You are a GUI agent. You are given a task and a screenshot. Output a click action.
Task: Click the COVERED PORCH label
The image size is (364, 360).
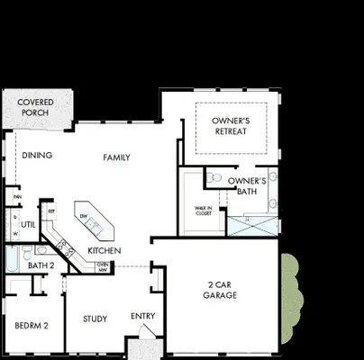point(36,107)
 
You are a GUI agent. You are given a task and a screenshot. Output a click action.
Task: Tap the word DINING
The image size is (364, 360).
point(37,156)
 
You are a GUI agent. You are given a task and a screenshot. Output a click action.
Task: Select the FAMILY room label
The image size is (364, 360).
point(116,157)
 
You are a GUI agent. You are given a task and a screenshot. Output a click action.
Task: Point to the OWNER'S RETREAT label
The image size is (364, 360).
point(231,125)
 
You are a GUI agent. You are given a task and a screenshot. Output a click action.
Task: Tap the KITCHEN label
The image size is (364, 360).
point(105,249)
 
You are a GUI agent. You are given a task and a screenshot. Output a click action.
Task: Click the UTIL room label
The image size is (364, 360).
point(29,225)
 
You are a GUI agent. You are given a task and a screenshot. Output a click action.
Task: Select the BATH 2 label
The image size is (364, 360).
point(41,265)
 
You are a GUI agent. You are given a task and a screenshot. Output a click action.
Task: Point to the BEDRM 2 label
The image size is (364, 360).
point(31,325)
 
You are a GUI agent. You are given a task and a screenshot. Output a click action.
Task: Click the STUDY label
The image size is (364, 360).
point(96,319)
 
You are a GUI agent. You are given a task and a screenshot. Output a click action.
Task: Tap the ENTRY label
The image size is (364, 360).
point(142,316)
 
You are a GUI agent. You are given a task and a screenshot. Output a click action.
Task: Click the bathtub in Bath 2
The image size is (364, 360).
point(12,258)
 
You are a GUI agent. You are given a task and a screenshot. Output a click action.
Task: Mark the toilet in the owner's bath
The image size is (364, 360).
point(214,178)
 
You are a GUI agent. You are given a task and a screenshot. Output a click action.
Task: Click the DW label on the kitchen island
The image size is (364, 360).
point(83,217)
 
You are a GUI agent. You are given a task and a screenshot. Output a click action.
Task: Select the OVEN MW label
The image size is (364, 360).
point(103,266)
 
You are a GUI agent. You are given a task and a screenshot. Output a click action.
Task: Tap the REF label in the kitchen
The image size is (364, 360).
point(51,211)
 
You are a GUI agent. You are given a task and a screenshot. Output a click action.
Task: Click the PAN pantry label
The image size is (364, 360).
point(16,196)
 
